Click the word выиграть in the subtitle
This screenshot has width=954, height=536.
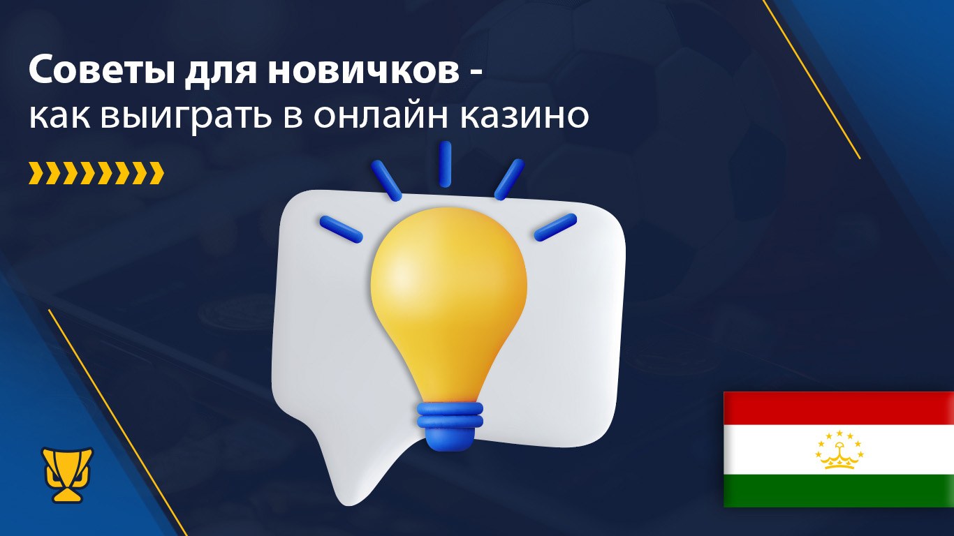186,116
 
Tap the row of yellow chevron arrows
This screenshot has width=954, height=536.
96,173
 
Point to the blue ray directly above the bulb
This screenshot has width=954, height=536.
445,164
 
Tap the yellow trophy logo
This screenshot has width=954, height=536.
67,475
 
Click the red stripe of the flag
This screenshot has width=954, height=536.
839,408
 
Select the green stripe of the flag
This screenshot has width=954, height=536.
839,491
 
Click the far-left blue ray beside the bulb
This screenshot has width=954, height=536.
341,229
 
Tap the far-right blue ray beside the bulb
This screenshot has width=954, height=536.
555,228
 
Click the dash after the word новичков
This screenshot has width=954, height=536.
476,76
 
